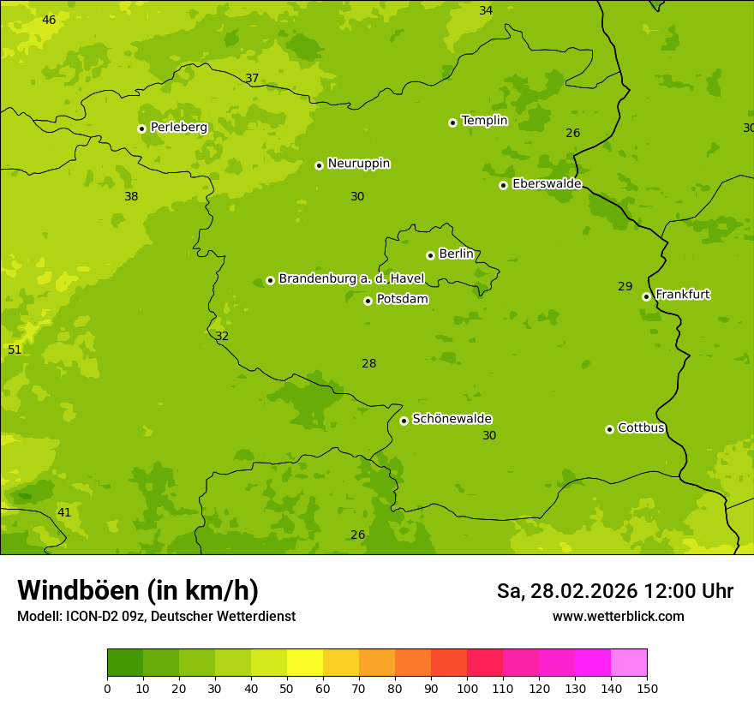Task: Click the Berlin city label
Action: pos(456,254)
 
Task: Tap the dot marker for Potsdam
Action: pos(368,301)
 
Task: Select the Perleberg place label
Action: pos(178,128)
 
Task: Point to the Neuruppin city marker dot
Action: pos(319,165)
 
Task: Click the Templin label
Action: pos(484,121)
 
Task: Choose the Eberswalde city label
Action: pos(547,184)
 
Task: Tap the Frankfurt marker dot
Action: pos(646,296)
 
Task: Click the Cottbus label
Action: pos(641,427)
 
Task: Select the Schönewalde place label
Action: pos(452,419)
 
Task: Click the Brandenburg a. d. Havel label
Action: pos(351,278)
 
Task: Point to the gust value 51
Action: pos(15,350)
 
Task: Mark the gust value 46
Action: pos(49,20)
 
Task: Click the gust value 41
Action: pos(64,512)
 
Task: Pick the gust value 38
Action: pos(131,196)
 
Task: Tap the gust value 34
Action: pos(486,10)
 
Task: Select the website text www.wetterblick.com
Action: pos(618,616)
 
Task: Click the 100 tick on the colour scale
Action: pos(467,687)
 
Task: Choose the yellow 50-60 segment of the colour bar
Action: pos(305,663)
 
